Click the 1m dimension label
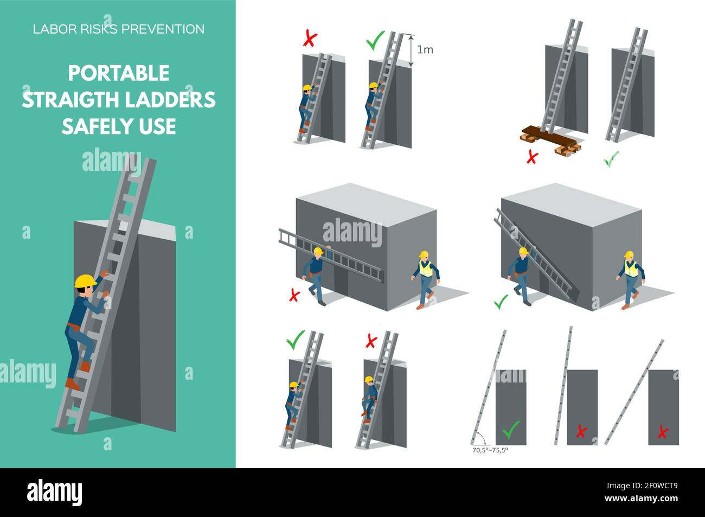pos(425,50)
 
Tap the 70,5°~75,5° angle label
pos(490,450)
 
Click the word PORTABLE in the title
pos(118,73)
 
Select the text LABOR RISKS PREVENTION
pos(119,29)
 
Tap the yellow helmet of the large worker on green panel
pos(85,281)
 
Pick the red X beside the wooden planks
pos(533,157)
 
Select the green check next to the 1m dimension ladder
pos(375,41)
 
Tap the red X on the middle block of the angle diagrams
pos(581,432)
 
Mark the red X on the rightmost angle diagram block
pos(662,432)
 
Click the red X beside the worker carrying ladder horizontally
pos(294,295)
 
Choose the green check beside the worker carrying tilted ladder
pos(501,301)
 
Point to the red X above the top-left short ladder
pos(310,39)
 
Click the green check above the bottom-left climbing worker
pos(296,340)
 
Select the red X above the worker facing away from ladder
pos(371,341)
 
